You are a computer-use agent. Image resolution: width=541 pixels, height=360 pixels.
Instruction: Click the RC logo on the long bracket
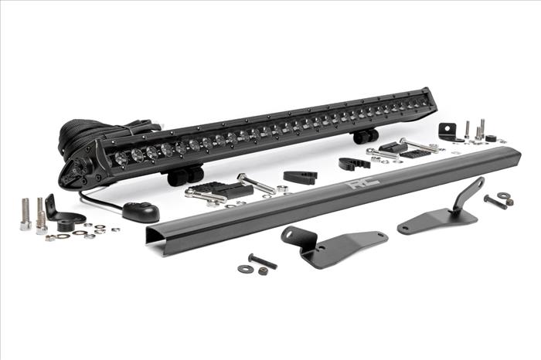tap(363, 183)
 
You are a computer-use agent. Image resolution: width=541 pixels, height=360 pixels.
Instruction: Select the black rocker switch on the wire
tap(141, 212)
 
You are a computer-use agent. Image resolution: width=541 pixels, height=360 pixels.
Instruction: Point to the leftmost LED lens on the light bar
tap(121, 158)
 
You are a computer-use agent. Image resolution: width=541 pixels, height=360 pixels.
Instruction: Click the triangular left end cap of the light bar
tap(77, 170)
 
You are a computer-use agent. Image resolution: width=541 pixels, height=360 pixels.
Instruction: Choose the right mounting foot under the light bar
tap(366, 135)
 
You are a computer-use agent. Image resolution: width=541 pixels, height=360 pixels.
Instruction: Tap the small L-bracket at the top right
tap(448, 132)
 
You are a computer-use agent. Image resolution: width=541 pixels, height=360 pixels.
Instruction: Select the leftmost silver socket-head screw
tap(26, 214)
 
